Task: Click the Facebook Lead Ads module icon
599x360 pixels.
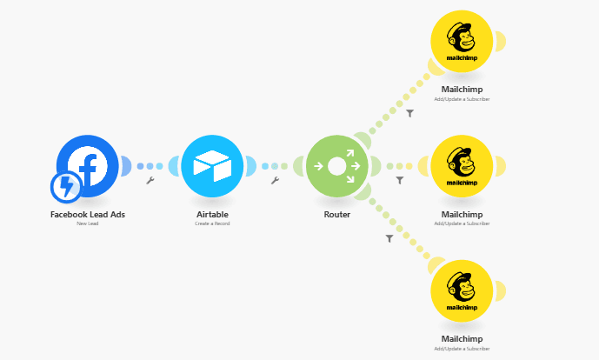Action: point(88,165)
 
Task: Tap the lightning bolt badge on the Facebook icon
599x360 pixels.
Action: point(66,185)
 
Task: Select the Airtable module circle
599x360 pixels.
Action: point(212,166)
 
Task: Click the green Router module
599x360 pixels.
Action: point(337,166)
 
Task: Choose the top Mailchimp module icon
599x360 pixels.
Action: point(462,41)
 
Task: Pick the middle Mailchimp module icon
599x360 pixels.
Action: point(462,166)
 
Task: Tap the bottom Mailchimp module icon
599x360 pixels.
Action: point(462,290)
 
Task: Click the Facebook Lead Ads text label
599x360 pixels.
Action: point(87,214)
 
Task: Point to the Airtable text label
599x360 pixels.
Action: point(212,214)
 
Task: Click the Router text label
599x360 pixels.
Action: point(337,214)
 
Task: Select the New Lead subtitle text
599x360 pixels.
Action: point(87,223)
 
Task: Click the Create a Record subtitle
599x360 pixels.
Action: point(212,223)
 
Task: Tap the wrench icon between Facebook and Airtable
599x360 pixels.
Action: point(150,181)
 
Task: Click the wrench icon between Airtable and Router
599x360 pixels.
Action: point(275,181)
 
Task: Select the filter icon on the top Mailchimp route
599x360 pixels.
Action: point(410,113)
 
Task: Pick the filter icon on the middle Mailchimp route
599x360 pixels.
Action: point(400,181)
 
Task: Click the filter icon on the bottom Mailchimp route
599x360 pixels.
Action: point(389,237)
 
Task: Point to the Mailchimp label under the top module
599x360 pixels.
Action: point(462,90)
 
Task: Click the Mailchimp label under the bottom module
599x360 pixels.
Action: point(462,339)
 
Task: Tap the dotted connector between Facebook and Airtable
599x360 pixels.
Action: point(150,166)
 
